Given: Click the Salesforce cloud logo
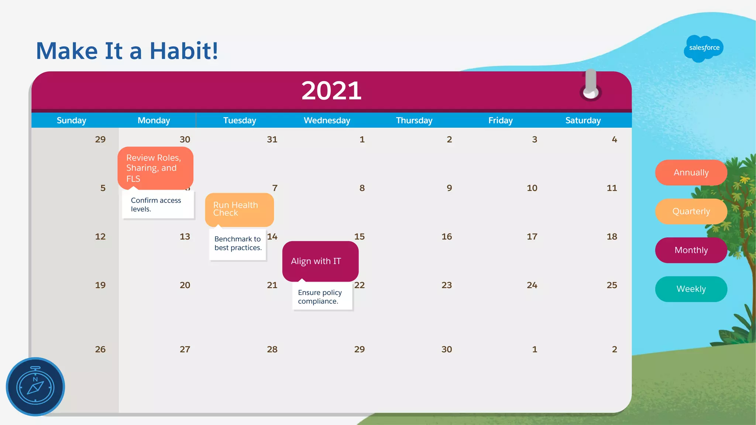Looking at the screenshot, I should coord(704,48).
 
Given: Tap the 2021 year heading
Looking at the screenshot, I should coord(331,91).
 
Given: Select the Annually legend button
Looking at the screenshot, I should coord(691,173).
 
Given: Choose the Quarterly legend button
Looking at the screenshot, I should coord(691,211).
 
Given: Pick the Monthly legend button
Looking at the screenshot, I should coord(691,250).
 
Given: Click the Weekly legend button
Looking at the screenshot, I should coord(691,289).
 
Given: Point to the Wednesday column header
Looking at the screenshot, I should coord(327,121).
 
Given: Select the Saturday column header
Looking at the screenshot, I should coord(583,121).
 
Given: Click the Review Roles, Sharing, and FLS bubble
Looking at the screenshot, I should coord(155,168).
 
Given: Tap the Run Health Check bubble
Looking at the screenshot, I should coord(239,209).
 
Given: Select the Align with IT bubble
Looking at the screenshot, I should coord(320,261).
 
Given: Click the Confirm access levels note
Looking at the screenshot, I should coord(158,205).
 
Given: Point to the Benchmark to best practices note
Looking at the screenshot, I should coord(238,243).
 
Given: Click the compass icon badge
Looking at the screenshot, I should coord(35,387).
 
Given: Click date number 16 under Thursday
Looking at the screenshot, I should coord(447,237).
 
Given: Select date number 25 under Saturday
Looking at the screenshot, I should coord(612,285).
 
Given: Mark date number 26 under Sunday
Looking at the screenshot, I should coord(100,349).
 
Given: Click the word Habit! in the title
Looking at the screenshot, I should coord(183,51).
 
